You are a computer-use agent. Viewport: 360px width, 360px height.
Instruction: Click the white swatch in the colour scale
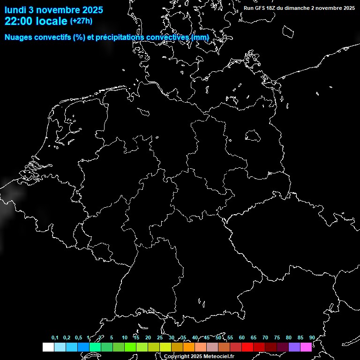[48, 347]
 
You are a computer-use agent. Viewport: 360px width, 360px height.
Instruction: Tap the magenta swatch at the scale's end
[306, 347]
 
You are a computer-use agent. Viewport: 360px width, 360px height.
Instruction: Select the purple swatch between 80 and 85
[294, 347]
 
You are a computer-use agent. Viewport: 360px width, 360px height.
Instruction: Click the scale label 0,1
[55, 338]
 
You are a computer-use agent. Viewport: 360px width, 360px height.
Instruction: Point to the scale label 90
[312, 338]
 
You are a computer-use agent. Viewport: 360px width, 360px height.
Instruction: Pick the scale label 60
[242, 338]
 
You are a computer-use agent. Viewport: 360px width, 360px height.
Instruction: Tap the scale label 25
[160, 338]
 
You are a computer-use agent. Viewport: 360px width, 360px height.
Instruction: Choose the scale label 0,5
[78, 338]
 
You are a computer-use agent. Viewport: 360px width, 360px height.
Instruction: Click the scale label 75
[277, 338]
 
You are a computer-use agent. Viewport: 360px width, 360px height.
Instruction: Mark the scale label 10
[125, 338]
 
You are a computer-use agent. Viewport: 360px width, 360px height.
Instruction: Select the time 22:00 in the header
[17, 21]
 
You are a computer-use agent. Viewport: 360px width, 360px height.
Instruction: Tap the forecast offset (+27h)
[81, 21]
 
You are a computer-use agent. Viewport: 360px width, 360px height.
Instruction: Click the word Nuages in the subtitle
[19, 37]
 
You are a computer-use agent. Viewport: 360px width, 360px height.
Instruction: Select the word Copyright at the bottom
[176, 357]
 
